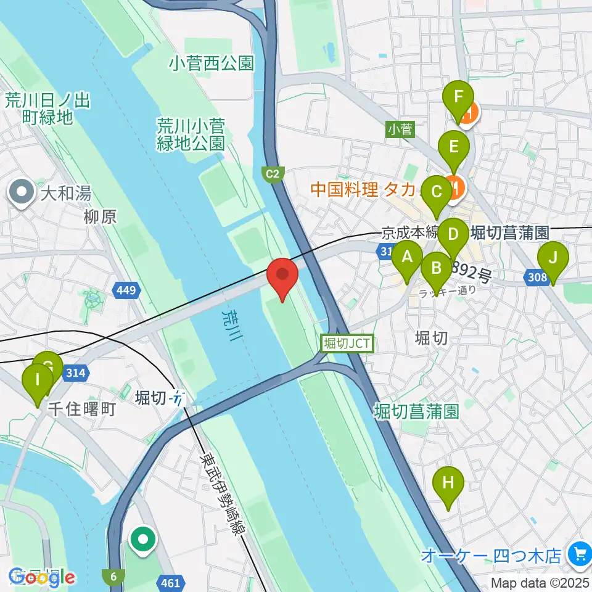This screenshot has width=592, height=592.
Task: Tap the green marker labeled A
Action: click(x=407, y=259)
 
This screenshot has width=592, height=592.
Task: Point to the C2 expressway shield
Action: click(x=273, y=175)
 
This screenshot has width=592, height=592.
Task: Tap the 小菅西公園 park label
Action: click(x=212, y=63)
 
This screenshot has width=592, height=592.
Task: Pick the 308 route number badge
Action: click(x=537, y=278)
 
